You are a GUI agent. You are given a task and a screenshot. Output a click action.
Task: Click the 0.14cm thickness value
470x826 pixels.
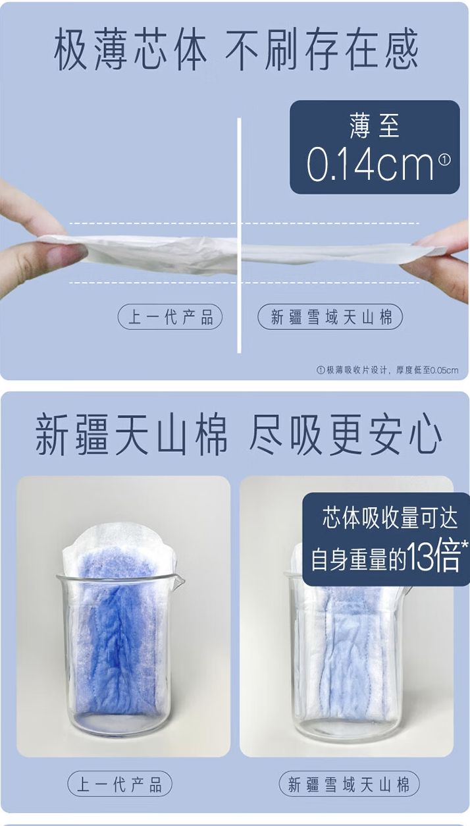tap(371, 164)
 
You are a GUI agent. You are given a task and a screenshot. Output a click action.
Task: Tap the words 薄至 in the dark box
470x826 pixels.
tap(374, 126)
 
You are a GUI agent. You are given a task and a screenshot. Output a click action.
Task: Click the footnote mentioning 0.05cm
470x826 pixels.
tap(388, 370)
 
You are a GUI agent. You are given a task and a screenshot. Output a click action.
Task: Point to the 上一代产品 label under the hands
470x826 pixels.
tap(170, 317)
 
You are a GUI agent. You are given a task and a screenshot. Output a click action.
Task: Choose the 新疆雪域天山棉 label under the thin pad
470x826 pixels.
tap(330, 317)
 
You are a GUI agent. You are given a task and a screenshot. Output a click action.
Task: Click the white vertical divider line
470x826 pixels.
tap(239, 235)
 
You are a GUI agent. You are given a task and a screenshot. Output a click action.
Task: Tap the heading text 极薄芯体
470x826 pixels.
tap(130, 49)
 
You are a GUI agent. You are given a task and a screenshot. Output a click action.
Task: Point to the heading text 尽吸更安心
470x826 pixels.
tap(345, 433)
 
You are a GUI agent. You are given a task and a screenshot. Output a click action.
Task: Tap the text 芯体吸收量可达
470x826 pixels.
tap(390, 517)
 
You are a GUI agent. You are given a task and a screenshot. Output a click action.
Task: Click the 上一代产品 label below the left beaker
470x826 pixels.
tap(120, 784)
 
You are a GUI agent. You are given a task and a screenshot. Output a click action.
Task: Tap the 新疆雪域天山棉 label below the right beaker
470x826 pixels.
tap(349, 784)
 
